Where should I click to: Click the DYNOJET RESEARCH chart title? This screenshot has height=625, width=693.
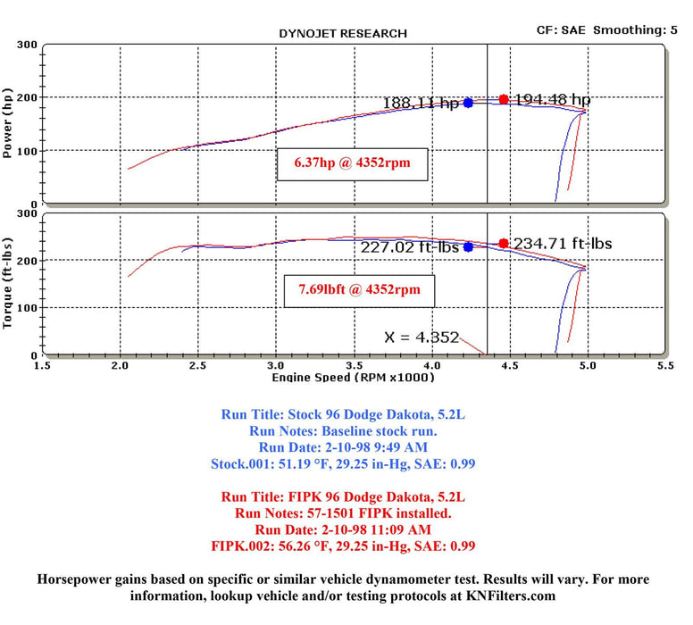343,33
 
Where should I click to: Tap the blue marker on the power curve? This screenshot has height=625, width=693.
468,103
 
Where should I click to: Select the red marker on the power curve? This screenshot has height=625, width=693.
504,99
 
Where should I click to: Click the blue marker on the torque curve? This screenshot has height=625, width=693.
468,247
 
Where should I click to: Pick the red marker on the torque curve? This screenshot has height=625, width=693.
504,243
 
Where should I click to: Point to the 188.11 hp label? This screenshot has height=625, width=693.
420,103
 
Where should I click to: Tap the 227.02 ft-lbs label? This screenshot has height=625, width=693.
410,248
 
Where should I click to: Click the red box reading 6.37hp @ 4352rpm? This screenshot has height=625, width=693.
352,164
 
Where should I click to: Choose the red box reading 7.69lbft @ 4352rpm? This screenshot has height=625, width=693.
352,290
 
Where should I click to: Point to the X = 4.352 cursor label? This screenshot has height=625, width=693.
422,337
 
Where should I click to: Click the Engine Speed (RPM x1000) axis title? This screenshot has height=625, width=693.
353,378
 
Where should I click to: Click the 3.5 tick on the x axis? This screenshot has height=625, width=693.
355,365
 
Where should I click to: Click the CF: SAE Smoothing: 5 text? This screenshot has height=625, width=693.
613,29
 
